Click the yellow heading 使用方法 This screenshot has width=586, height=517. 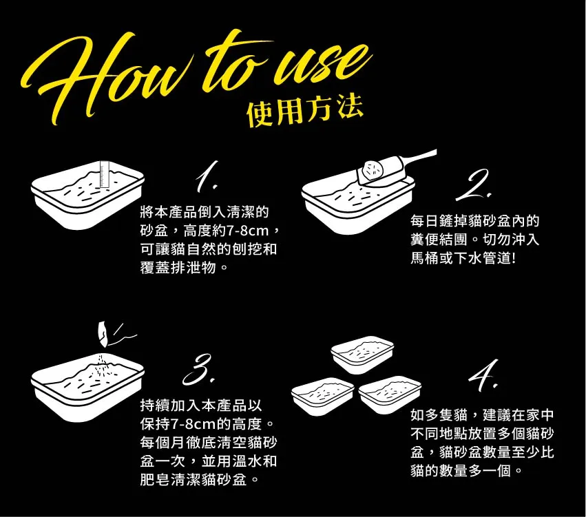[x=305, y=110]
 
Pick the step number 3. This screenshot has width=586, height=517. [x=199, y=370]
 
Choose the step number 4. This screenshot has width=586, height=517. [x=484, y=375]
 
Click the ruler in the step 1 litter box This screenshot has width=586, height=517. [x=104, y=174]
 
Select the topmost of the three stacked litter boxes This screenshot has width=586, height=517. [x=362, y=355]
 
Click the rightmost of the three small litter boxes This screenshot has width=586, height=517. [x=390, y=396]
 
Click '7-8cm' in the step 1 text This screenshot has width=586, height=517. [x=248, y=231]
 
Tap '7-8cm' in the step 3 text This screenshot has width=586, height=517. [x=193, y=424]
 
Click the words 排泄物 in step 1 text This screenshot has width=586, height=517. [x=193, y=268]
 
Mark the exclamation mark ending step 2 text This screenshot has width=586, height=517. [x=514, y=258]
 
